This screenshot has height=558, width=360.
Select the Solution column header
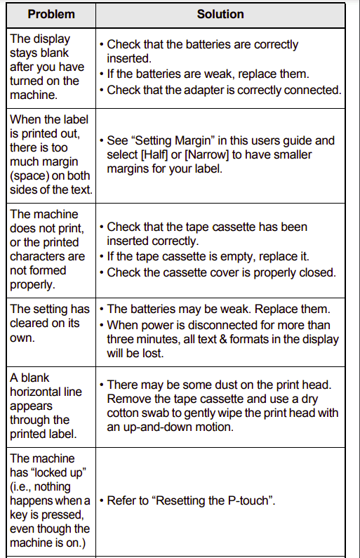click(x=220, y=14)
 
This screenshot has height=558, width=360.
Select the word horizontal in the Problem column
click(x=46, y=392)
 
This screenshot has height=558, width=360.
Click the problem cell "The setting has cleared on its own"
click(x=49, y=323)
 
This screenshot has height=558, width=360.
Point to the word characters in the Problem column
click(x=37, y=256)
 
